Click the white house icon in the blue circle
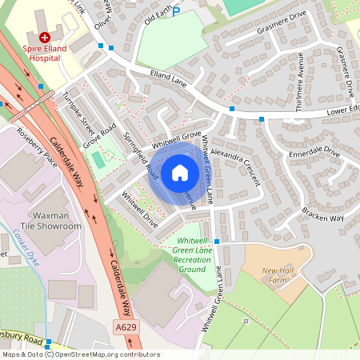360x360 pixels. tap(180, 172)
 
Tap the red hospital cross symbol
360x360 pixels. tap(45, 37)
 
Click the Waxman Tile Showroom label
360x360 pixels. tap(56, 221)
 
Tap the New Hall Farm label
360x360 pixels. tap(278, 274)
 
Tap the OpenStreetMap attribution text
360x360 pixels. tap(80, 354)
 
